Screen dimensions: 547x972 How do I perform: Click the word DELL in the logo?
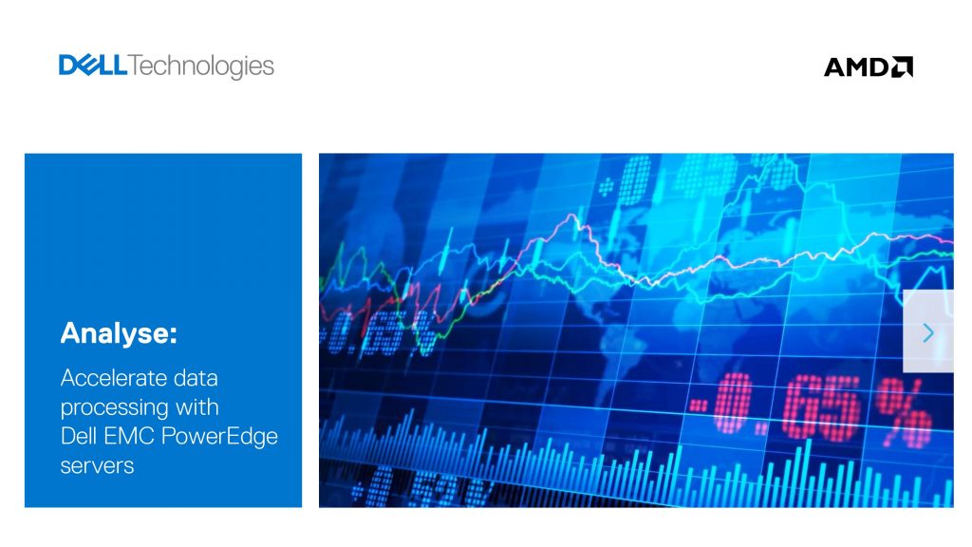(93, 66)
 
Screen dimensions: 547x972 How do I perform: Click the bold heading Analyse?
(119, 333)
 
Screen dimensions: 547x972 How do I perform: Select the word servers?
(97, 465)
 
